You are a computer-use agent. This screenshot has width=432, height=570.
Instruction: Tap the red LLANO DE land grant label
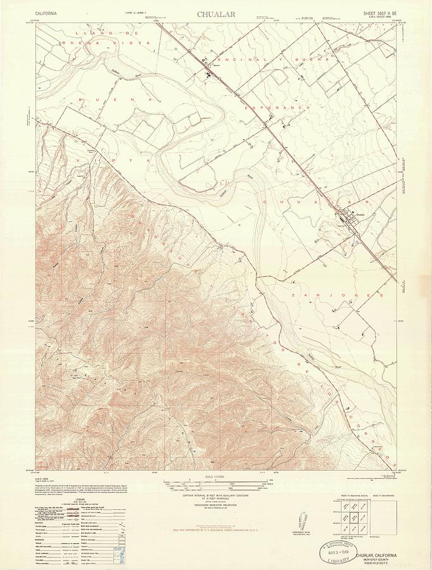pyautogui.click(x=106, y=32)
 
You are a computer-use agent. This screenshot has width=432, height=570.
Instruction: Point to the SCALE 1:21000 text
pyautogui.click(x=216, y=476)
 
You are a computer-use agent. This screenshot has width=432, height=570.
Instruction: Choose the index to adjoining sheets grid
pyautogui.click(x=347, y=517)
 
